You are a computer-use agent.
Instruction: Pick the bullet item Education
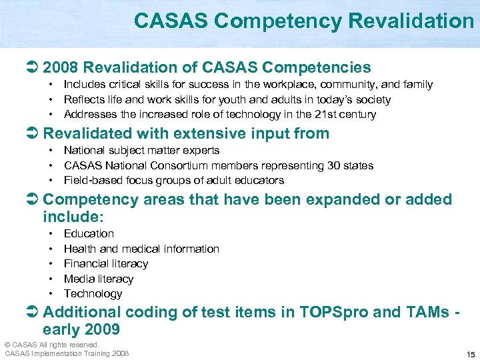[89, 234]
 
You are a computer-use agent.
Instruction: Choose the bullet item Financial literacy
[105, 264]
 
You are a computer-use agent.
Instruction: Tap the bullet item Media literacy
[98, 279]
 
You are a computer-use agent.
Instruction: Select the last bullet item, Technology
[93, 294]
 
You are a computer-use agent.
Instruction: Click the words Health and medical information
[141, 249]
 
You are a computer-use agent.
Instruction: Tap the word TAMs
[425, 311]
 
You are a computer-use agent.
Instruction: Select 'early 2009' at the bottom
[81, 329]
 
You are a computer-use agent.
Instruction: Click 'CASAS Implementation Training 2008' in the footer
[67, 353]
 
